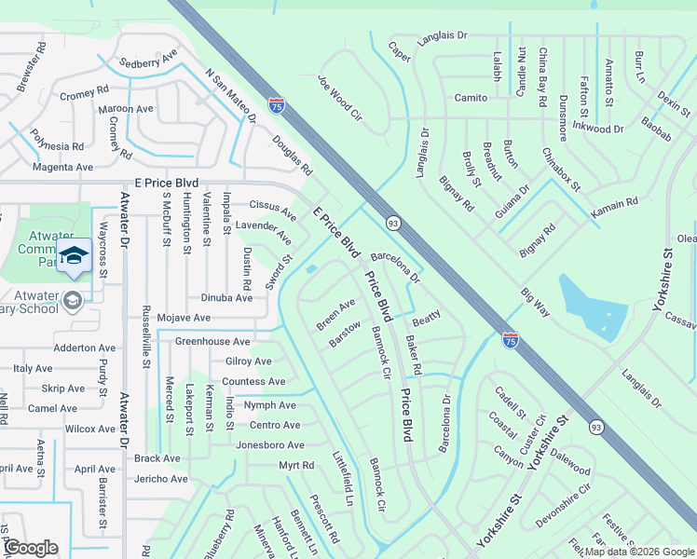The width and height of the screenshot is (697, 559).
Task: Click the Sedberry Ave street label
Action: [148, 61]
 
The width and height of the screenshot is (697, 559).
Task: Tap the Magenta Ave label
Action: [62, 168]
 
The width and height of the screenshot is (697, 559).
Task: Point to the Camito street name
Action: [471, 98]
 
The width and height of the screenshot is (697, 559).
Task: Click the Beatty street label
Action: [426, 319]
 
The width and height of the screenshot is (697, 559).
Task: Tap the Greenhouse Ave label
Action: [212, 342]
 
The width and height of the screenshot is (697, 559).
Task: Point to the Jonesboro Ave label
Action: [269, 445]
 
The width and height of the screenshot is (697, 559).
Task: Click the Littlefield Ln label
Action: [343, 479]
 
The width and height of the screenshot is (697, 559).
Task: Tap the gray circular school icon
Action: [72, 300]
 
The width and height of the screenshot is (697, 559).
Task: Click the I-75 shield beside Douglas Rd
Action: [277, 107]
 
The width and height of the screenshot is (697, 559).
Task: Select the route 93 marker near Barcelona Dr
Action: [393, 224]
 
